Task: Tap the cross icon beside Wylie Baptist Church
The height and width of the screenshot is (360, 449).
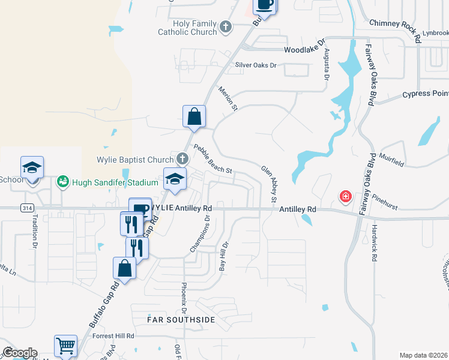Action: pos(183,159)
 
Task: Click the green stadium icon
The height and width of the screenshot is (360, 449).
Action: pos(62,181)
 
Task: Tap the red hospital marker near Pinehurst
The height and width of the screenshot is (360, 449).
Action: pos(345,196)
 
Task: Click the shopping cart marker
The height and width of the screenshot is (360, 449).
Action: pos(65,346)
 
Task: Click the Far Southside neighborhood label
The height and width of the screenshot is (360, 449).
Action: pos(181,320)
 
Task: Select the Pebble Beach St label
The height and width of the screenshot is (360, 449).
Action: pos(212,159)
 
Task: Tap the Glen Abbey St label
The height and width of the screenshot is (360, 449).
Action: pos(269,184)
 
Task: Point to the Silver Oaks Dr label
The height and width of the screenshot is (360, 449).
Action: pos(256,65)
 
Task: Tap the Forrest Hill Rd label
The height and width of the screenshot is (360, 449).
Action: pos(112,336)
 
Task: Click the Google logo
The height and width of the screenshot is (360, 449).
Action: pos(19,353)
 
